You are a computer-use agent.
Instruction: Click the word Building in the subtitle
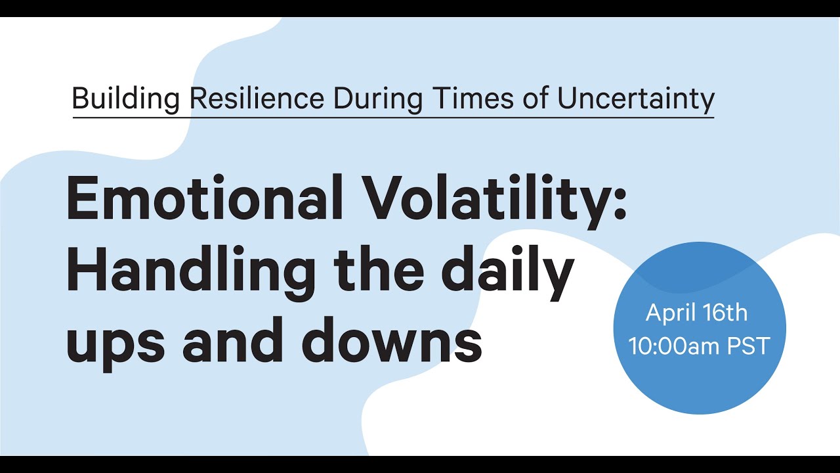[x=125, y=99]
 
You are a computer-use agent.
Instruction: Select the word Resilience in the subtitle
[x=257, y=99]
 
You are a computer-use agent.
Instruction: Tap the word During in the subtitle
[x=380, y=99]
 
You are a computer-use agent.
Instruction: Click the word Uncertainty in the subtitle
[x=636, y=99]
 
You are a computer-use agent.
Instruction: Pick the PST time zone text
[x=747, y=346]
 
